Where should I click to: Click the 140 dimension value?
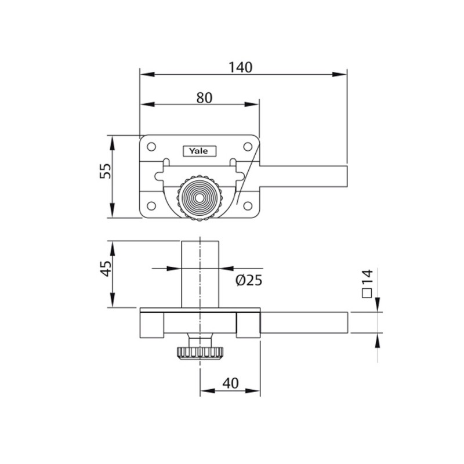pos(241,67)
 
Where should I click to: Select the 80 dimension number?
pos(205,97)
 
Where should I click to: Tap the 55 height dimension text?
pos(106,171)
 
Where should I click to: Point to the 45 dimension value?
pos(106,269)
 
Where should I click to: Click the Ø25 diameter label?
pos(249,280)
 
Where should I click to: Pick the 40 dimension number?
pos(230,383)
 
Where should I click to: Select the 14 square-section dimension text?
pos(367,277)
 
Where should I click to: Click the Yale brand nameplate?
pos(199,151)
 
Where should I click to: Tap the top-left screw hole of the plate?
pos(151,147)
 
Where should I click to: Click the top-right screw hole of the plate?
pos(248,147)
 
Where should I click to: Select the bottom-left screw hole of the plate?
pos(151,206)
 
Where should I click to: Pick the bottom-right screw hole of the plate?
pos(248,206)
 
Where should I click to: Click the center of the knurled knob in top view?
pos(199,198)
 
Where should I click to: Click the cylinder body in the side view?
pos(200,274)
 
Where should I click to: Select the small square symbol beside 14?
pos(367,293)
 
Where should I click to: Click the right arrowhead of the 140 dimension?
pos(339,74)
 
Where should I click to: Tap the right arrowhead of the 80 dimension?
pos(252,104)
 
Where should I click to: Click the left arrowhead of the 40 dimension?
pos(208,391)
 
